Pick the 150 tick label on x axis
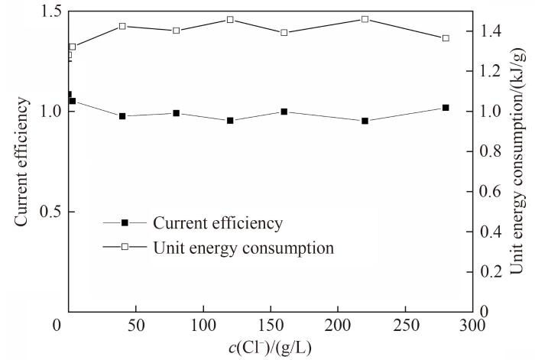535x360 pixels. [271, 325]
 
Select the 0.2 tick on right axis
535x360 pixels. [492, 271]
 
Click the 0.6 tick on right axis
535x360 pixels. [492, 191]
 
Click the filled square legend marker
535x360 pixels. [124, 222]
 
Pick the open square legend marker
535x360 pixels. [124, 248]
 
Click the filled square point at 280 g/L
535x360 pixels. [446, 108]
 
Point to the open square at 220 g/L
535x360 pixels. [365, 19]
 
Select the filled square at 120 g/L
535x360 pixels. [230, 120]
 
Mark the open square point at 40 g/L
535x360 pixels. [122, 26]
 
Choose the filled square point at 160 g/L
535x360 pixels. [284, 112]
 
